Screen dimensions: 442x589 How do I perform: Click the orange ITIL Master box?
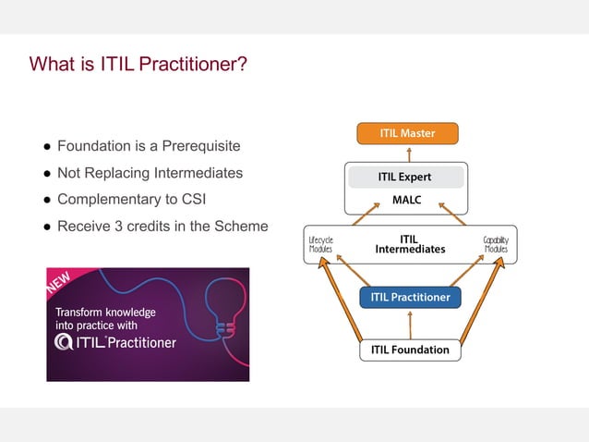point(407,133)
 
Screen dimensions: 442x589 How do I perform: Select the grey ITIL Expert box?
point(404,177)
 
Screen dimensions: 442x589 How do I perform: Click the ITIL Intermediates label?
point(410,244)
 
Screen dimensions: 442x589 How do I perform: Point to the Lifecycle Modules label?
point(320,244)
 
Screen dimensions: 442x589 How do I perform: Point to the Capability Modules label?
point(496,244)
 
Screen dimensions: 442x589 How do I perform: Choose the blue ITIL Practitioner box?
point(410,298)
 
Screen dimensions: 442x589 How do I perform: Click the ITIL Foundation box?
point(409,350)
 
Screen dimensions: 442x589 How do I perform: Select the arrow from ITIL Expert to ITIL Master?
point(408,153)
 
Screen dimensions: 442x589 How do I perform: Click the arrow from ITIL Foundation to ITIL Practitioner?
point(409,325)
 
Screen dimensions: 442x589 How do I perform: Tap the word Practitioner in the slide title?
point(194,65)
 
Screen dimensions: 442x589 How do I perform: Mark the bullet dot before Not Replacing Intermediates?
point(43,174)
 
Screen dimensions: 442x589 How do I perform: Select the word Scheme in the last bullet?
point(242,226)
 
